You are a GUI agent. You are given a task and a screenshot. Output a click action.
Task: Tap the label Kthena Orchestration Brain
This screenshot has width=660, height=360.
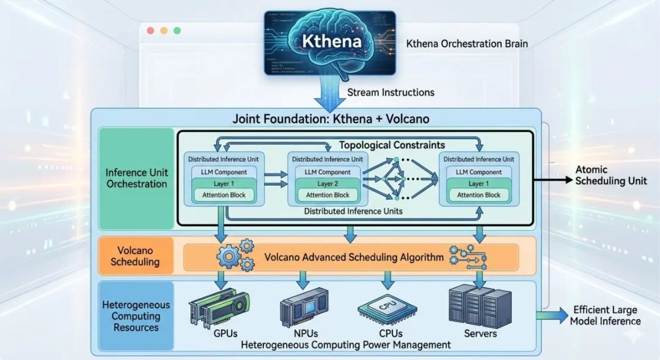coord(467,44)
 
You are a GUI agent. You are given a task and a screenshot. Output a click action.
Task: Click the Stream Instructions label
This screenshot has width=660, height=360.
coord(391,92)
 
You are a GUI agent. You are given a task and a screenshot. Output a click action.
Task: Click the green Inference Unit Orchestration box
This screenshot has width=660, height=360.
coord(136,178)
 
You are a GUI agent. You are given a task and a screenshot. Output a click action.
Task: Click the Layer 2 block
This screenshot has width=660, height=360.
coord(326,184)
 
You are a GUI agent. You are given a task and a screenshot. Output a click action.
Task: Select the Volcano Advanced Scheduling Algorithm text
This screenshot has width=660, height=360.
coord(354,257)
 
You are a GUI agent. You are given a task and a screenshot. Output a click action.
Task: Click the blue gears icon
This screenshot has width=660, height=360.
coord(235,256)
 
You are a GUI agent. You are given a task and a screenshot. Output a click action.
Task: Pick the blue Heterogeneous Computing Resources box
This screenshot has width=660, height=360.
coord(136,317)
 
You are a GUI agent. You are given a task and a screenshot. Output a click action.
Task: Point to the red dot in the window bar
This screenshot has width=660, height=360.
coord(150,31)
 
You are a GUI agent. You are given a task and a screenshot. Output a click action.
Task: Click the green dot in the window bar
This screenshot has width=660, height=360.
coord(177,31)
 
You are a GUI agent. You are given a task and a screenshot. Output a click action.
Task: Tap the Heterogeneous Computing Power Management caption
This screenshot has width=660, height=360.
coord(346,345)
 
